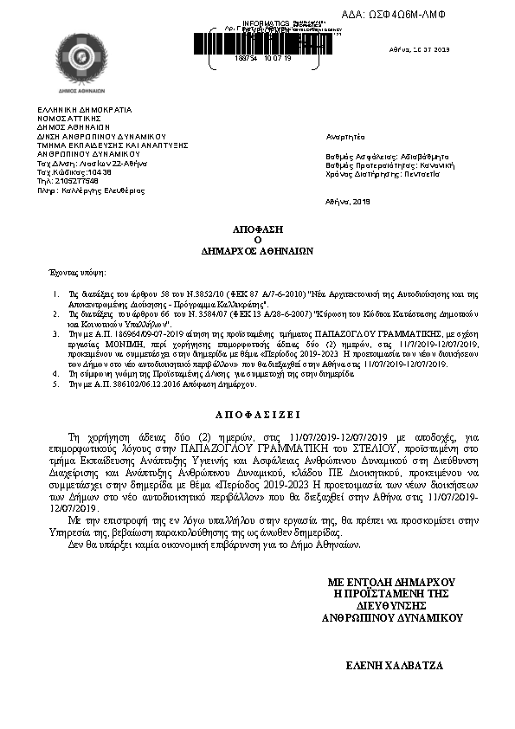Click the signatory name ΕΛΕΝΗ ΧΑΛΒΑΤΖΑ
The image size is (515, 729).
[395, 666]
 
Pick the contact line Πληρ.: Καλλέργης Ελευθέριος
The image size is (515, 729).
[91, 190]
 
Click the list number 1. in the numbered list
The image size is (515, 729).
[56, 294]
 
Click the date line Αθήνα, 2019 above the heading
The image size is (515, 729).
[348, 201]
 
